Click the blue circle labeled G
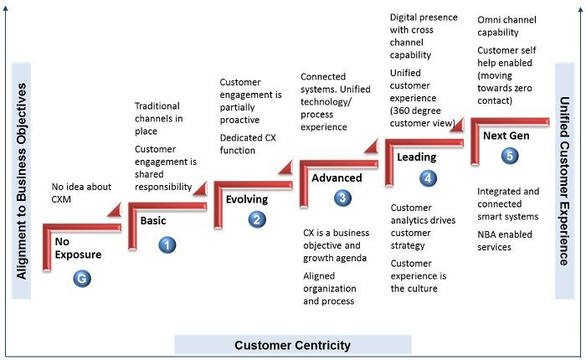(82, 279)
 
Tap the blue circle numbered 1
(167, 245)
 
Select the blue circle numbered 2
(257, 219)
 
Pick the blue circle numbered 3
(342, 198)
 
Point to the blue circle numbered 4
(428, 178)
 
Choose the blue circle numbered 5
(510, 155)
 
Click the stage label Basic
(153, 220)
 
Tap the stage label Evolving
(247, 199)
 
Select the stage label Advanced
(337, 178)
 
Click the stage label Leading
(416, 157)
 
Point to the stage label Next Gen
(506, 136)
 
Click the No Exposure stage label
(78, 248)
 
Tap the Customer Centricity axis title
(293, 345)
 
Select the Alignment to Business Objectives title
(21, 181)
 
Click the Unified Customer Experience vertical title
(564, 181)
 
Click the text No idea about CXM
(81, 193)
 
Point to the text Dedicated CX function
(248, 144)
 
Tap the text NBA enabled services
(505, 241)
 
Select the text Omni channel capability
(506, 26)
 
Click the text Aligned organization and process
(329, 288)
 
